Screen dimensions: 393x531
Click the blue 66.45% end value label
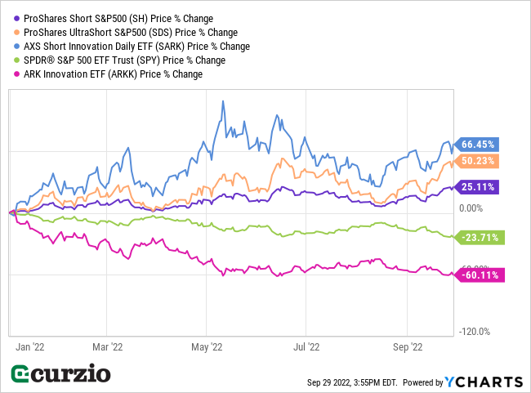point(478,144)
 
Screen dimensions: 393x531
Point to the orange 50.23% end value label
point(478,161)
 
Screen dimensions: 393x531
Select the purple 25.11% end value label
point(478,186)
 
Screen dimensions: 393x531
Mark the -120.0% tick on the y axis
point(473,332)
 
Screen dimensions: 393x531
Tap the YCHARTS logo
point(483,382)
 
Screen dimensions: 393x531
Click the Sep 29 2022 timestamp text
point(351,382)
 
